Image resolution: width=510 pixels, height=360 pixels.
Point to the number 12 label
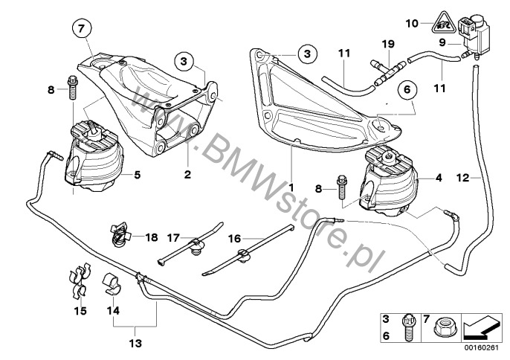coord(462,179)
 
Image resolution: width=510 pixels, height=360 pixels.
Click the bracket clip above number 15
coord(79,282)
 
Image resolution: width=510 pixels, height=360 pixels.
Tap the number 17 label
coord(172,237)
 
